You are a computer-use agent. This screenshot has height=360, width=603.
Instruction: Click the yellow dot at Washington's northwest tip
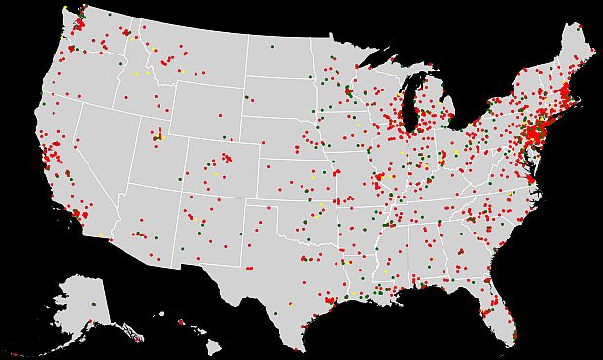tap(64, 9)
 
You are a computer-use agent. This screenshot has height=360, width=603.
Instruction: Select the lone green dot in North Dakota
tap(272, 46)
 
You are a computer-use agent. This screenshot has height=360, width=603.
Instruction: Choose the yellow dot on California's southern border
tap(101, 236)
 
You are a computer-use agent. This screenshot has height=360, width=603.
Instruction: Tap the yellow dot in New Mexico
tap(202, 221)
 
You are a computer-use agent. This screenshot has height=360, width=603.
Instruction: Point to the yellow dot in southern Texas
tap(290, 305)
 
